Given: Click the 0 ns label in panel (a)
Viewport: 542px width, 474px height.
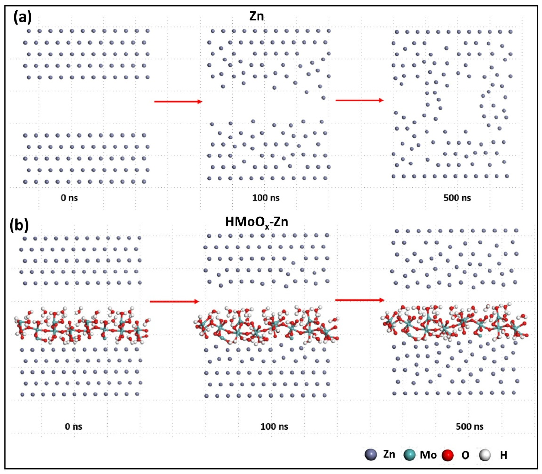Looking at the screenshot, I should pos(69,198).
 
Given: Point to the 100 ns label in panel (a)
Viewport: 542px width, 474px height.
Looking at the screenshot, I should pos(266,198).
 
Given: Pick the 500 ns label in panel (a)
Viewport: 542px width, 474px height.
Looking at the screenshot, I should pos(457,198).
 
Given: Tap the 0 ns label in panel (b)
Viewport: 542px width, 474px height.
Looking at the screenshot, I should pos(74,426).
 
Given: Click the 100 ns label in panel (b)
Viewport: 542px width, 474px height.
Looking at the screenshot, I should pos(274,426).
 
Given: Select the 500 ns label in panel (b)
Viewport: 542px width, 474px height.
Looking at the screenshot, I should pos(469,426).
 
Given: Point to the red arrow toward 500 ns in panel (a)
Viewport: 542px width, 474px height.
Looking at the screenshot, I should pos(359,100).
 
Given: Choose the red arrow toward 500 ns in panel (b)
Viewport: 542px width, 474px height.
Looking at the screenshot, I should pos(359,300).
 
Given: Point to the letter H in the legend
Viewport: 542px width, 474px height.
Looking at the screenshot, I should pos(503,455).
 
